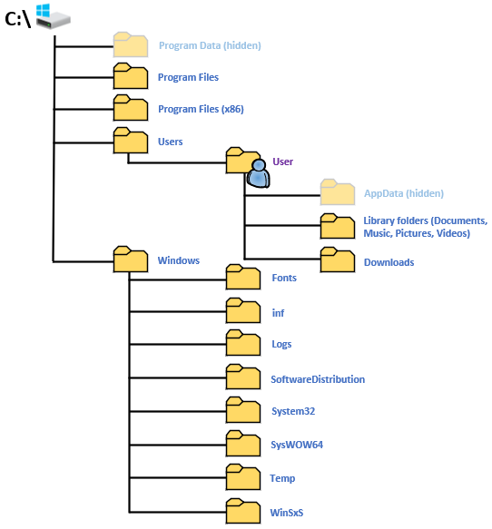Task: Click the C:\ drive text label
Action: point(18,17)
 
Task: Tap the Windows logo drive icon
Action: point(52,15)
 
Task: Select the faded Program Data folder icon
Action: point(130,44)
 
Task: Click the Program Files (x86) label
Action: point(201,109)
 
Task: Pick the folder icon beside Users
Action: point(130,141)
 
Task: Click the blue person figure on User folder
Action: point(259,173)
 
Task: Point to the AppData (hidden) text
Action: point(403,193)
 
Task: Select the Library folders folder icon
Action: point(337,227)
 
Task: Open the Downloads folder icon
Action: point(337,260)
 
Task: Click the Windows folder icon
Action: point(130,260)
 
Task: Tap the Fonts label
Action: point(284,278)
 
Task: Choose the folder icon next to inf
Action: point(242,311)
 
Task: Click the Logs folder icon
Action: point(242,344)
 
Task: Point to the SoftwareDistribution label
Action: point(318,379)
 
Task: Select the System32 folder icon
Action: point(242,410)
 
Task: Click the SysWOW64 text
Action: point(297,446)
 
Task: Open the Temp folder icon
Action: point(242,477)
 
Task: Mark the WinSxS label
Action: point(287,513)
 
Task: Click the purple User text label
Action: point(282,162)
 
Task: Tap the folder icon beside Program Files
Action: point(130,76)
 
